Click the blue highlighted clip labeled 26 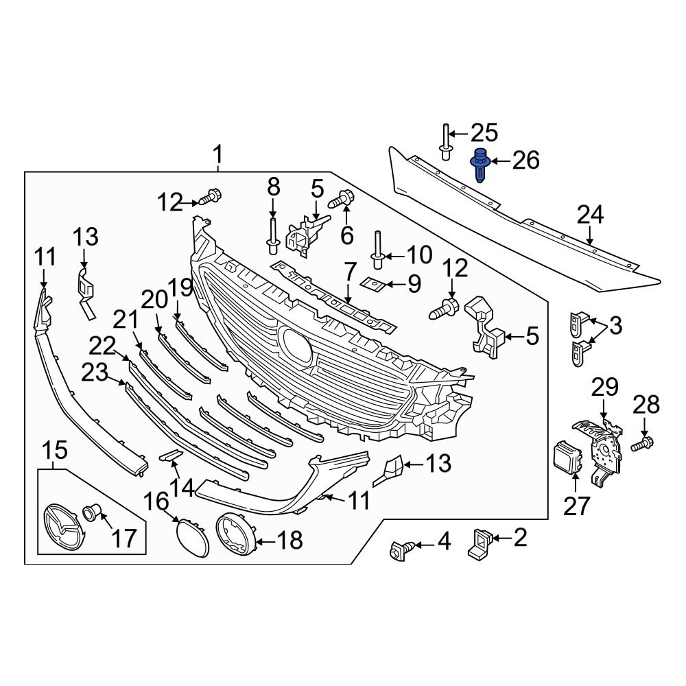coord(480,165)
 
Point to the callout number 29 coord(605,388)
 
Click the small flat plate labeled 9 coord(372,283)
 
